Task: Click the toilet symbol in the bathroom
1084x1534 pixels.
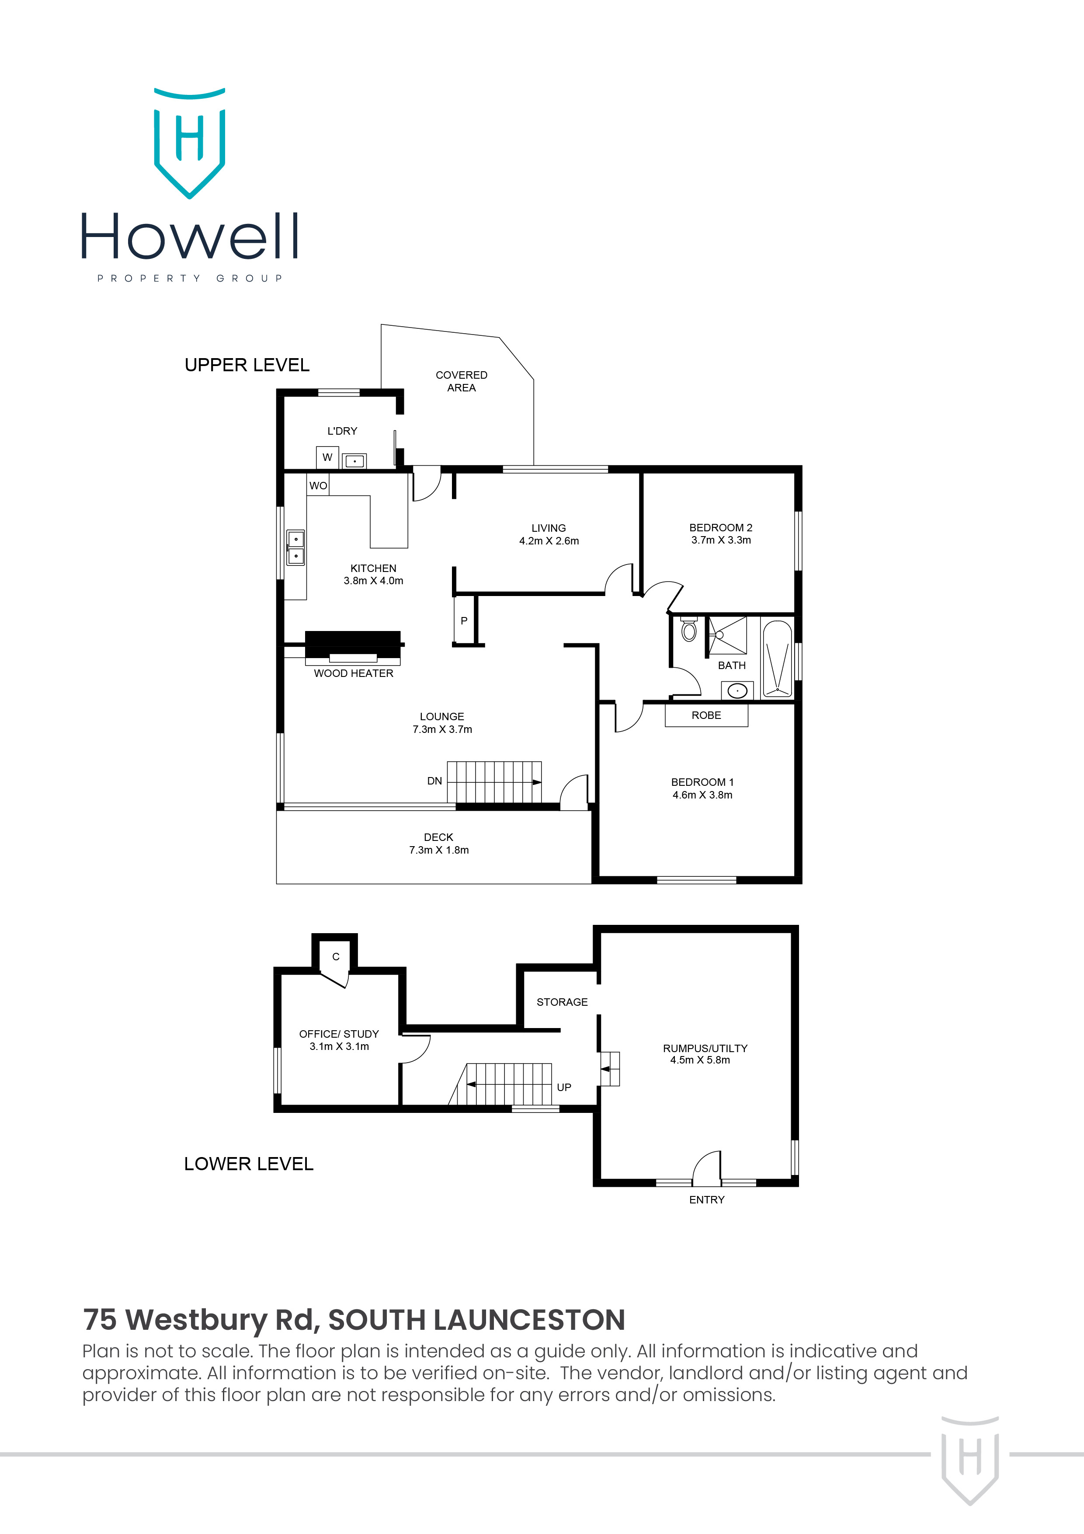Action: pos(688,629)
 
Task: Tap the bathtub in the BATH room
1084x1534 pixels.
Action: pos(777,659)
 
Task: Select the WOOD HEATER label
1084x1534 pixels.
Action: pos(353,673)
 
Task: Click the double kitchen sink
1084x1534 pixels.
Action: pos(295,547)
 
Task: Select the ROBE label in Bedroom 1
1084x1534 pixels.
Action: pos(706,715)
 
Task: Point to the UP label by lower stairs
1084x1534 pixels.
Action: pos(564,1088)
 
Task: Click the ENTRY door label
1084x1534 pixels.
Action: pos(707,1200)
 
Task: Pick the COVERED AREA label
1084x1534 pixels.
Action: pos(461,381)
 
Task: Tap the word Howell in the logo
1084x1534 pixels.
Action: pos(190,237)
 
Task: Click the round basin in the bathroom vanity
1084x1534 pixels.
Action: pos(737,691)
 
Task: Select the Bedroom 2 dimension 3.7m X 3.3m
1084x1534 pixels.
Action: pos(721,540)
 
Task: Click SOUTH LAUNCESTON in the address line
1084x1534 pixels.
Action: pos(476,1320)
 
